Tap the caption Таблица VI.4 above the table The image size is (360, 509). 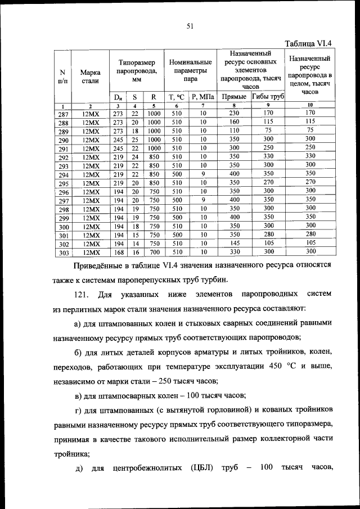tap(309, 43)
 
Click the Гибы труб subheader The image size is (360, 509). tap(268, 97)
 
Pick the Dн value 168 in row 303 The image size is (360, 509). tap(118, 252)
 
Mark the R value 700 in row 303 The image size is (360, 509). tap(154, 252)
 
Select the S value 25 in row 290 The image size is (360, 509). tap(135, 139)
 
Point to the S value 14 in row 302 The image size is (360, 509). tap(135, 243)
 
